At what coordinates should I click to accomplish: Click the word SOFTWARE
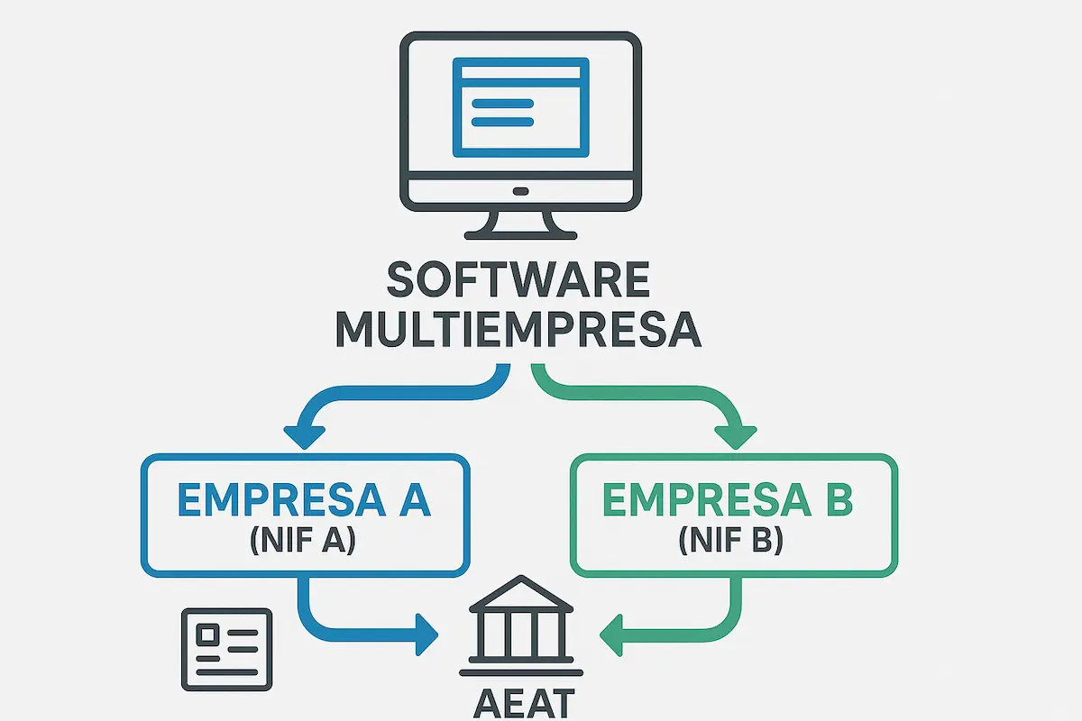coord(518,282)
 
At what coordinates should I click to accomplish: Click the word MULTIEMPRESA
coord(518,329)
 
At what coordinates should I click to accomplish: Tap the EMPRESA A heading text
coord(304,501)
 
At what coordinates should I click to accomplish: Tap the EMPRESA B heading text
coord(727,501)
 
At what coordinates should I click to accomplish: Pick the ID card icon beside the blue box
coord(226,648)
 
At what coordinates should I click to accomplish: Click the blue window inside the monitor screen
coord(520,105)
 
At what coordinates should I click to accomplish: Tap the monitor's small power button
coord(520,191)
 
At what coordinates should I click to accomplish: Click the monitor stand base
coord(520,233)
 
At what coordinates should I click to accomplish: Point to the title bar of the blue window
coord(520,68)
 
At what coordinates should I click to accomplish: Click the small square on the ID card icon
coord(207,634)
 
